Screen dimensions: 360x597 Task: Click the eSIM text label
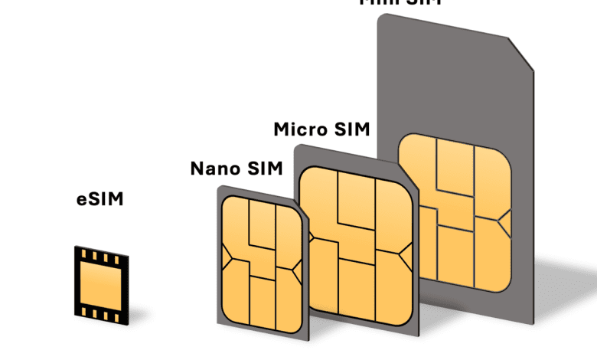tap(99, 201)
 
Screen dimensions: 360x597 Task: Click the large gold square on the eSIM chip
tap(101, 281)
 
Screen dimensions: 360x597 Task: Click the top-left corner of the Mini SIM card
tap(380, 16)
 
